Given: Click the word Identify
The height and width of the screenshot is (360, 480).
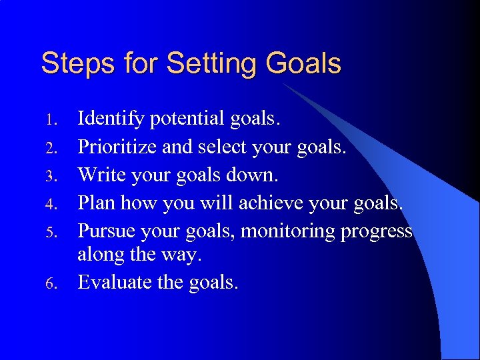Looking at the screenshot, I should click(x=111, y=119).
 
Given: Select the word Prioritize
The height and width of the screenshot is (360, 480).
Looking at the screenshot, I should click(x=118, y=147).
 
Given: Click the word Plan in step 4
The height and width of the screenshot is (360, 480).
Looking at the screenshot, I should click(x=97, y=203).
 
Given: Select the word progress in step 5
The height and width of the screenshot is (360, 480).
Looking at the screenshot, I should click(x=376, y=231).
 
